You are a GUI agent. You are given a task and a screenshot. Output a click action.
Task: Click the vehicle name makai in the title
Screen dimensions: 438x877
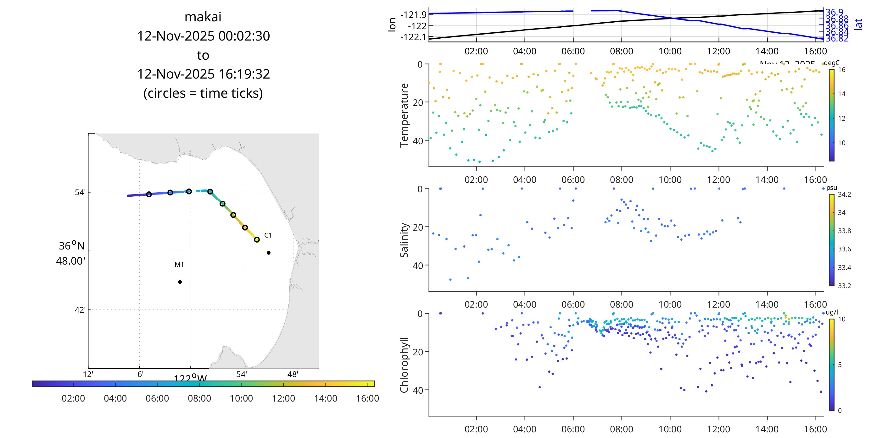[203, 17]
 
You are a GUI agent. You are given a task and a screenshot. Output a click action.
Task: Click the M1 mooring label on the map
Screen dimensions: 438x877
[179, 265]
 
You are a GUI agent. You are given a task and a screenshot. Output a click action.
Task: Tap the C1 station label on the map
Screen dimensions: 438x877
[268, 235]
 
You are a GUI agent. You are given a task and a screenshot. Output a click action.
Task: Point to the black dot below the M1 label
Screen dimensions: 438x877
[180, 282]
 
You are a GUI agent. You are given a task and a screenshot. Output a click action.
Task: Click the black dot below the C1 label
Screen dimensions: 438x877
[269, 253]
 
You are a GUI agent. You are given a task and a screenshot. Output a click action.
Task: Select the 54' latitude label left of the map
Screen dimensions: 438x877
[80, 193]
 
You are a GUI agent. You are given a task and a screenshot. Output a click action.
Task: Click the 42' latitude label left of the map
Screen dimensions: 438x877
[80, 310]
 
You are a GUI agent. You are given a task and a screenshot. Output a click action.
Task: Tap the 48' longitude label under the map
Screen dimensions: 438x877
[293, 375]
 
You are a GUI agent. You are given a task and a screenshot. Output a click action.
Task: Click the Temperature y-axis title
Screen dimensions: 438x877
[404, 115]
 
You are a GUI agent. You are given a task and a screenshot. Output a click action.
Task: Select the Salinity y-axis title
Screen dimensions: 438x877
[404, 240]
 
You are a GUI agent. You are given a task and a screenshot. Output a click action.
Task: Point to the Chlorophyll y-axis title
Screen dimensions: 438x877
[404, 365]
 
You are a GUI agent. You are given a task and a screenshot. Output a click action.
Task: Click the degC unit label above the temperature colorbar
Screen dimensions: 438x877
[831, 63]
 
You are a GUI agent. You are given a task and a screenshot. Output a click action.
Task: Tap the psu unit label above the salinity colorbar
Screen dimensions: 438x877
[831, 188]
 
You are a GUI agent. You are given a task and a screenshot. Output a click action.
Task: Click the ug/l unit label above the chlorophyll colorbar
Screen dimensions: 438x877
[832, 313]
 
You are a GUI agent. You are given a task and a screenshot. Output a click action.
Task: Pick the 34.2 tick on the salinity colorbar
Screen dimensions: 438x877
[844, 194]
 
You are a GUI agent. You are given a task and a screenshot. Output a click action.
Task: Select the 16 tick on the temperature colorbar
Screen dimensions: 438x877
[841, 70]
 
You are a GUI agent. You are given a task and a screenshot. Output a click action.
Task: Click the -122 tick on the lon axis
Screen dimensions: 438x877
[417, 26]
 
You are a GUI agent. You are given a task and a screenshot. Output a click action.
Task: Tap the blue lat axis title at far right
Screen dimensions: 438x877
[859, 24]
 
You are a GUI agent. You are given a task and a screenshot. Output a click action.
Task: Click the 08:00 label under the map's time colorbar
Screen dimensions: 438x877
[199, 398]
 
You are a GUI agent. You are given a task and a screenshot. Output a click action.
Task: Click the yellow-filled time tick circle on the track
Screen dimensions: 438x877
[257, 240]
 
